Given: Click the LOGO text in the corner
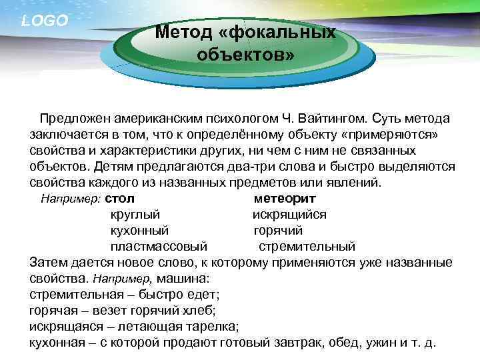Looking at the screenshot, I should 45,21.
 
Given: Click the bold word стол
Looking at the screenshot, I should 120,199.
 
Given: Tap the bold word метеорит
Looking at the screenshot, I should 285,199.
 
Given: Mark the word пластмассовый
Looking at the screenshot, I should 159,247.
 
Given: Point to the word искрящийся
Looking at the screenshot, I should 289,215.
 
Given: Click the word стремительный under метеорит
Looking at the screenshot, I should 307,247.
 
